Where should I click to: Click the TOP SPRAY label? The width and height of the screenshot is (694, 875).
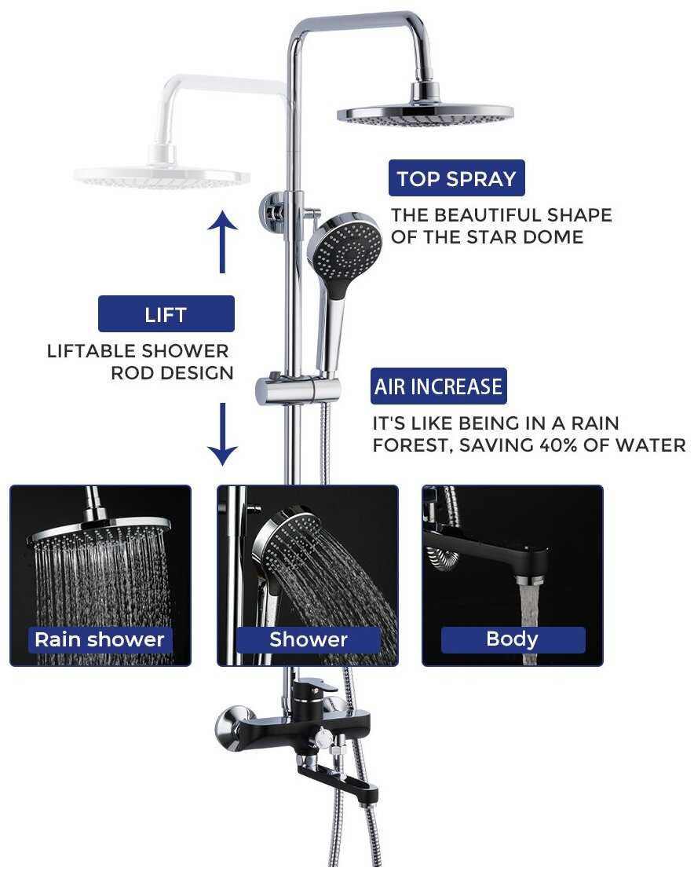coord(456,178)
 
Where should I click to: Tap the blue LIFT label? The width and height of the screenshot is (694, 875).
coord(166,314)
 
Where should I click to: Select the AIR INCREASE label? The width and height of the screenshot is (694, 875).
coord(439,386)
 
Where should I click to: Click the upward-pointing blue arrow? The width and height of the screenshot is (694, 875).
coord(223,242)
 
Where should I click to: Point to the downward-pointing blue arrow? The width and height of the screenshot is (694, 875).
coord(223,434)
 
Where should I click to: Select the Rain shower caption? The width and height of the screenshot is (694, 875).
coord(100,639)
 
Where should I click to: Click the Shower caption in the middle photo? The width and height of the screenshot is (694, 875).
coord(309,639)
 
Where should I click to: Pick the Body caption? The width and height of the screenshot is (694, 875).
coord(513,639)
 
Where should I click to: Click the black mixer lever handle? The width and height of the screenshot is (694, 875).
coord(316,688)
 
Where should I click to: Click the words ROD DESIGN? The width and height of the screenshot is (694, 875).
coord(173,373)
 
